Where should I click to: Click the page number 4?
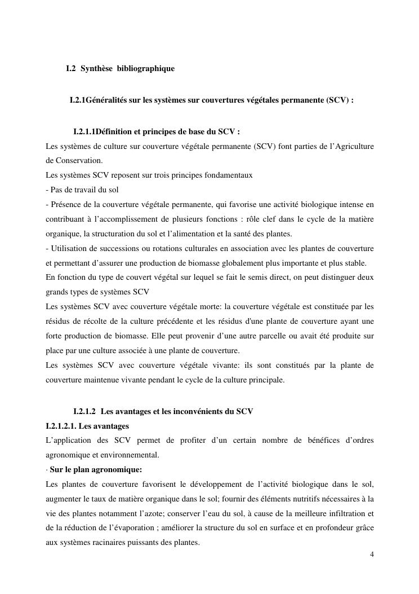372,555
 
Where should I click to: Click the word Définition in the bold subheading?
114,132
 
